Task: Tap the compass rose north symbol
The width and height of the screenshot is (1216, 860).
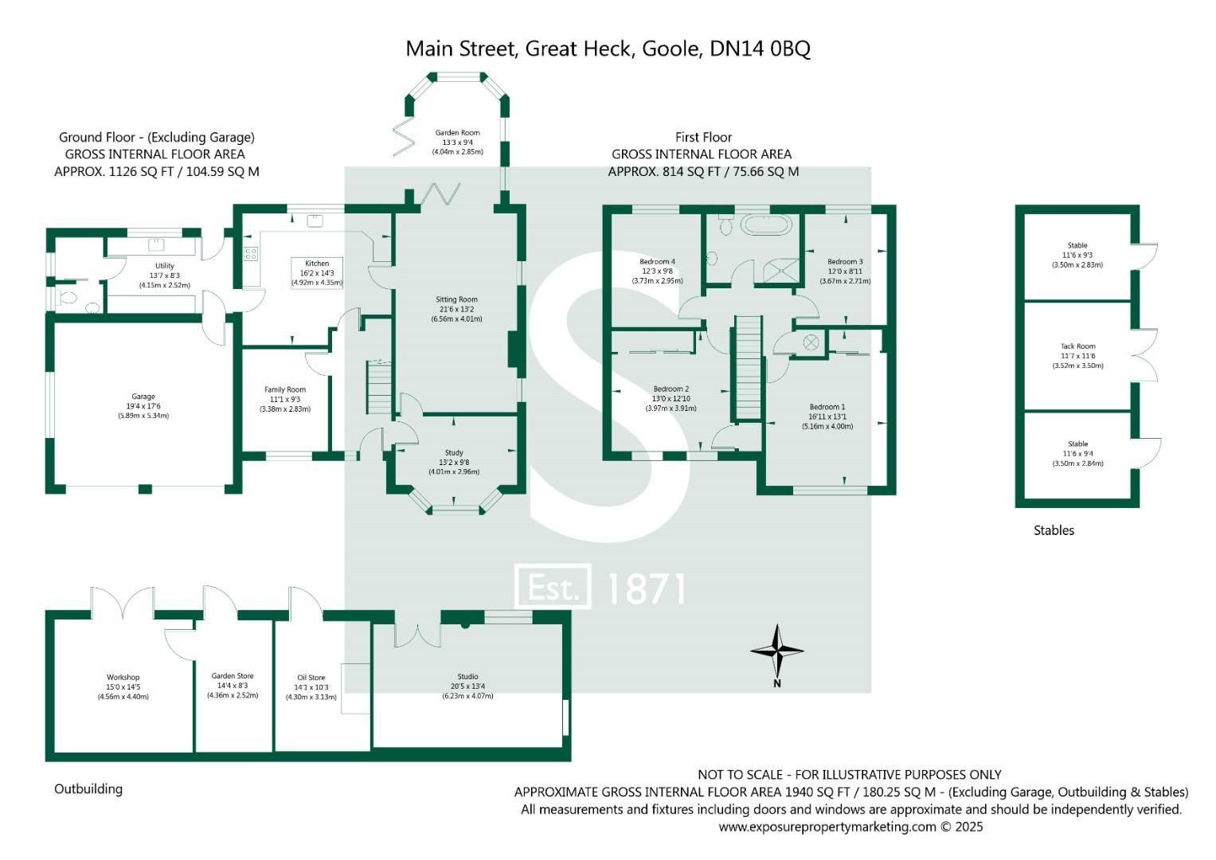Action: pos(777,651)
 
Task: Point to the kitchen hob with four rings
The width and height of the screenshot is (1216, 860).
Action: pos(251,254)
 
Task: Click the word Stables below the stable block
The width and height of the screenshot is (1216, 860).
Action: pos(1054,530)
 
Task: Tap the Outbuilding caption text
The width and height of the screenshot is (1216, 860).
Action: pos(88,789)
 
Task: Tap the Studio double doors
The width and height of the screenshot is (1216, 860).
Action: pos(417,633)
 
